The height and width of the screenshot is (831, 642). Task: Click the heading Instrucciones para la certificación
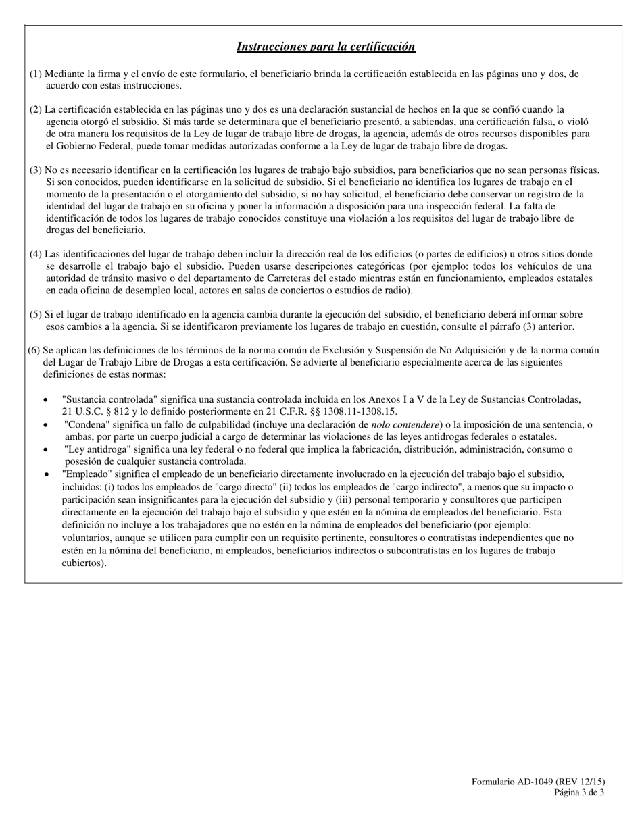click(x=326, y=47)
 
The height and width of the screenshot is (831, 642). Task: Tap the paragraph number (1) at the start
click(x=36, y=74)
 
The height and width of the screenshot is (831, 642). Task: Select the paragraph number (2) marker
click(x=36, y=109)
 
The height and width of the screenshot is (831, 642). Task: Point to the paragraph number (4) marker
click(x=36, y=254)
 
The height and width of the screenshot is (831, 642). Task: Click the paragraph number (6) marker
click(x=34, y=350)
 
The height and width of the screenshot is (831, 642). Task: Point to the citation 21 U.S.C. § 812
click(x=97, y=411)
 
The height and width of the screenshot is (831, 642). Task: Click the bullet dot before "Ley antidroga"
click(x=45, y=450)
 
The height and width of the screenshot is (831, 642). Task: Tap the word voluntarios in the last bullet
click(x=86, y=538)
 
